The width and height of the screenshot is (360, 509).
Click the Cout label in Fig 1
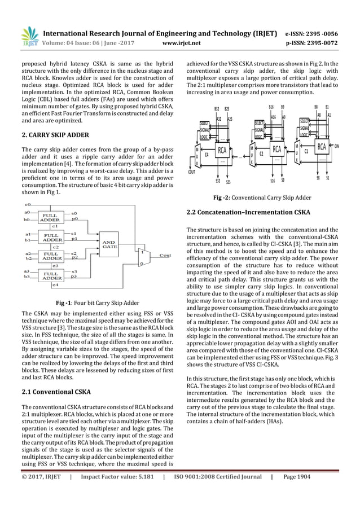165,255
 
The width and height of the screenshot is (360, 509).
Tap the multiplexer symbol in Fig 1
144,257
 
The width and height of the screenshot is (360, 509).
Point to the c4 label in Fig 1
54,286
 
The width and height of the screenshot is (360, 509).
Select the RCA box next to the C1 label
322,148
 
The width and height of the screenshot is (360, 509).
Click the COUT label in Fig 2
192,172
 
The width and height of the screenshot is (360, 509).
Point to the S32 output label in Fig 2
217,181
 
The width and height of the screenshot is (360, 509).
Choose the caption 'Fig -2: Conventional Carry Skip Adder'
261,198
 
